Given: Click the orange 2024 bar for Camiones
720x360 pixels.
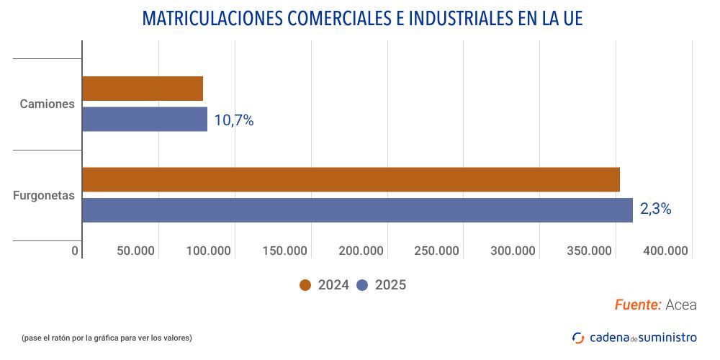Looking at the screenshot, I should click(143, 89).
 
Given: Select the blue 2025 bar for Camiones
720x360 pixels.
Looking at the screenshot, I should click(145, 120).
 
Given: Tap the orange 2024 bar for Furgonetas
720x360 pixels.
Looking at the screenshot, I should click(351, 179).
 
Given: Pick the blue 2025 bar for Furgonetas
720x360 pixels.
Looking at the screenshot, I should click(357, 210).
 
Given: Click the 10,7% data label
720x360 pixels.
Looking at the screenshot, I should click(234, 120).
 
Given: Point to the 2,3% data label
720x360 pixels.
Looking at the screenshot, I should click(655, 210).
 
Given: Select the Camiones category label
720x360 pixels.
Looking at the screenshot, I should click(48, 104).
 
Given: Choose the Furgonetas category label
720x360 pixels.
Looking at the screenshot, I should click(44, 195).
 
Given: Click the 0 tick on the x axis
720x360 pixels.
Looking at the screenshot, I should click(75, 251).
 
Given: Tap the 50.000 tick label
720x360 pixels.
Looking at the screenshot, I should click(135, 251).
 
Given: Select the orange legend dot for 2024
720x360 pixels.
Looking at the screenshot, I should click(305, 285).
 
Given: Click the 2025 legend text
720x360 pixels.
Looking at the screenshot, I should click(390, 285).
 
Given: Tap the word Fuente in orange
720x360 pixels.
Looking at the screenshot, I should click(638, 305).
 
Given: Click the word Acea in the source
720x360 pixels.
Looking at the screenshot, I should click(681, 305).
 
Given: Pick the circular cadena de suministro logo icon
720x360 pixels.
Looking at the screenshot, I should click(578, 338).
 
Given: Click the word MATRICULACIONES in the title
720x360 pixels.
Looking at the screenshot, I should click(212, 19).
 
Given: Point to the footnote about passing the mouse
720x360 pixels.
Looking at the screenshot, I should click(107, 338).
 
